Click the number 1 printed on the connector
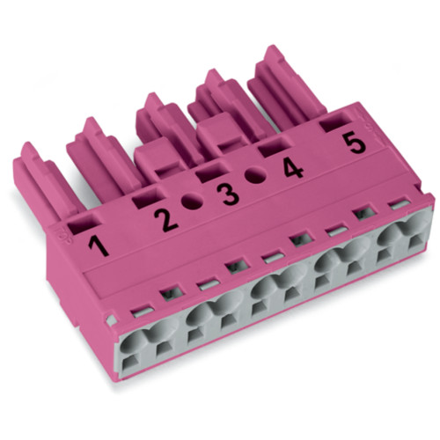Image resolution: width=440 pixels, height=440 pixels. [99, 242]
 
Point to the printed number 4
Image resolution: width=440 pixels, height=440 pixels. [292, 165]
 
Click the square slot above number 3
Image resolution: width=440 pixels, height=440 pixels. [208, 174]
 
